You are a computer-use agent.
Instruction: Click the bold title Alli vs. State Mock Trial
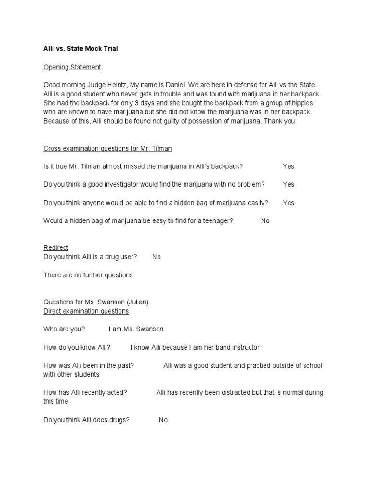(x=80, y=49)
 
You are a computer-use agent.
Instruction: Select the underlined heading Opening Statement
(x=72, y=67)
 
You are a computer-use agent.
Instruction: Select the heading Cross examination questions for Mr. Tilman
(x=107, y=148)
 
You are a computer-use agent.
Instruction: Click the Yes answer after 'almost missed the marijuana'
(x=289, y=166)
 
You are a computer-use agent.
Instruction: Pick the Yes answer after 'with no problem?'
(x=289, y=184)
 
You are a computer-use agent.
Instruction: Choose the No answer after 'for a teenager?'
(x=265, y=221)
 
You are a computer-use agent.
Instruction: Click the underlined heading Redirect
(x=56, y=247)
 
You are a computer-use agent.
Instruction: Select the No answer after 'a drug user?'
(x=157, y=257)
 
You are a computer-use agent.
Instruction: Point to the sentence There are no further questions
(x=89, y=275)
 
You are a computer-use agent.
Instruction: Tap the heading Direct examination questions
(x=86, y=311)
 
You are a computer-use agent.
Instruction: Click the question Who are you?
(x=64, y=329)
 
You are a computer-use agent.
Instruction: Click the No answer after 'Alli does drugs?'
(x=163, y=420)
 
